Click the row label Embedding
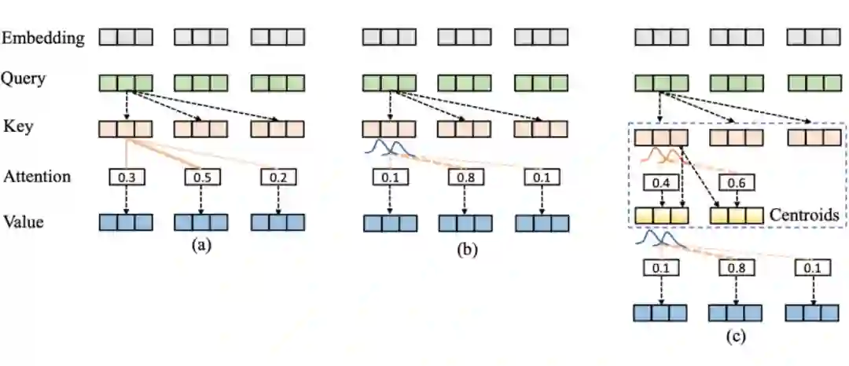click(43, 38)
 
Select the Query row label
click(24, 79)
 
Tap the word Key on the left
click(17, 126)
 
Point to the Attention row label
click(36, 176)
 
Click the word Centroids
click(803, 213)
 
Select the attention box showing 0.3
click(126, 177)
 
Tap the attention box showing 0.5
click(202, 177)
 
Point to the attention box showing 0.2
click(278, 177)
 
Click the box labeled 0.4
click(661, 183)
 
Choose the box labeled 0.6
click(737, 183)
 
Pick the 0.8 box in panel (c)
click(737, 269)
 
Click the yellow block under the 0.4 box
click(661, 213)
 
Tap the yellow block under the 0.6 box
click(737, 213)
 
